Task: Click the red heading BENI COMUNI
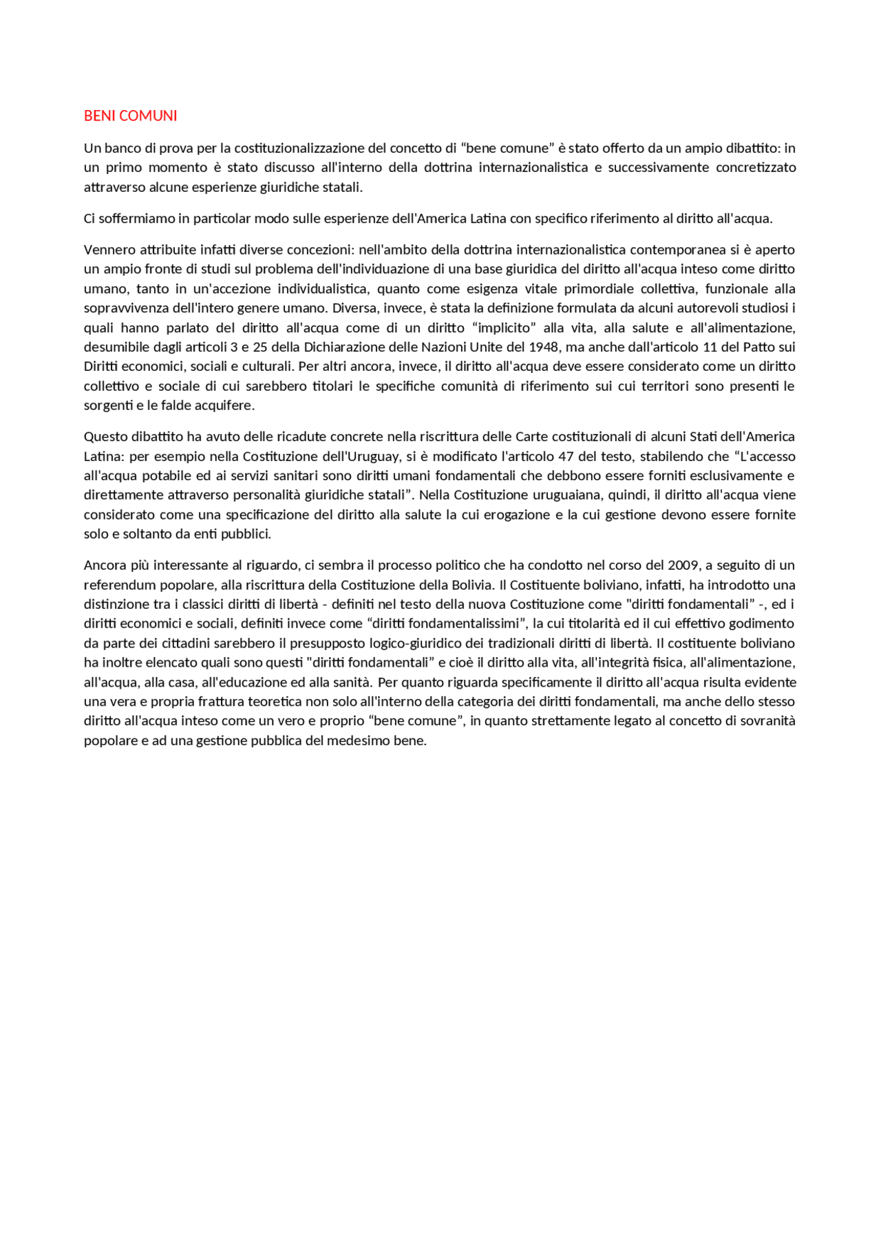(130, 116)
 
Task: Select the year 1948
(543, 347)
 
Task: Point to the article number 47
(566, 456)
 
